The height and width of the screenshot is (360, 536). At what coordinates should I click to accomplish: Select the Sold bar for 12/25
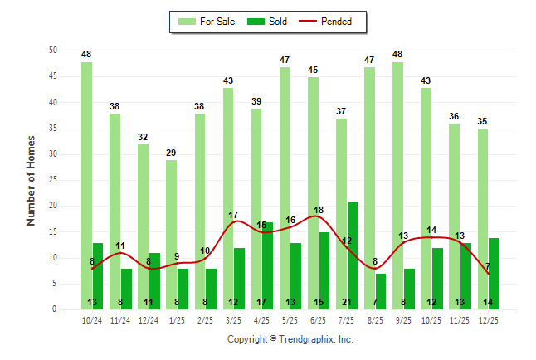click(494, 274)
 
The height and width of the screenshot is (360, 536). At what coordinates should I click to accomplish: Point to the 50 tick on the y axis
click(52, 51)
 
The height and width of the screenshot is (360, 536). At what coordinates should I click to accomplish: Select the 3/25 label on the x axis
click(233, 319)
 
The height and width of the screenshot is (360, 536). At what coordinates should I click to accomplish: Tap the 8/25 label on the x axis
click(374, 319)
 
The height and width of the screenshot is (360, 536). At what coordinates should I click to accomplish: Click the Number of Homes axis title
click(31, 180)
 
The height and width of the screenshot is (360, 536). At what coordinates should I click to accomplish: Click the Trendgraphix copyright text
click(290, 339)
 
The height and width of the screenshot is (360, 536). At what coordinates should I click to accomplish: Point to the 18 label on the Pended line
click(319, 211)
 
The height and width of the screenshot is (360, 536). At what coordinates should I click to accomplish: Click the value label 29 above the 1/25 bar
click(171, 153)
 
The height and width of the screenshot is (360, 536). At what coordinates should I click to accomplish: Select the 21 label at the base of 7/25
click(347, 303)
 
